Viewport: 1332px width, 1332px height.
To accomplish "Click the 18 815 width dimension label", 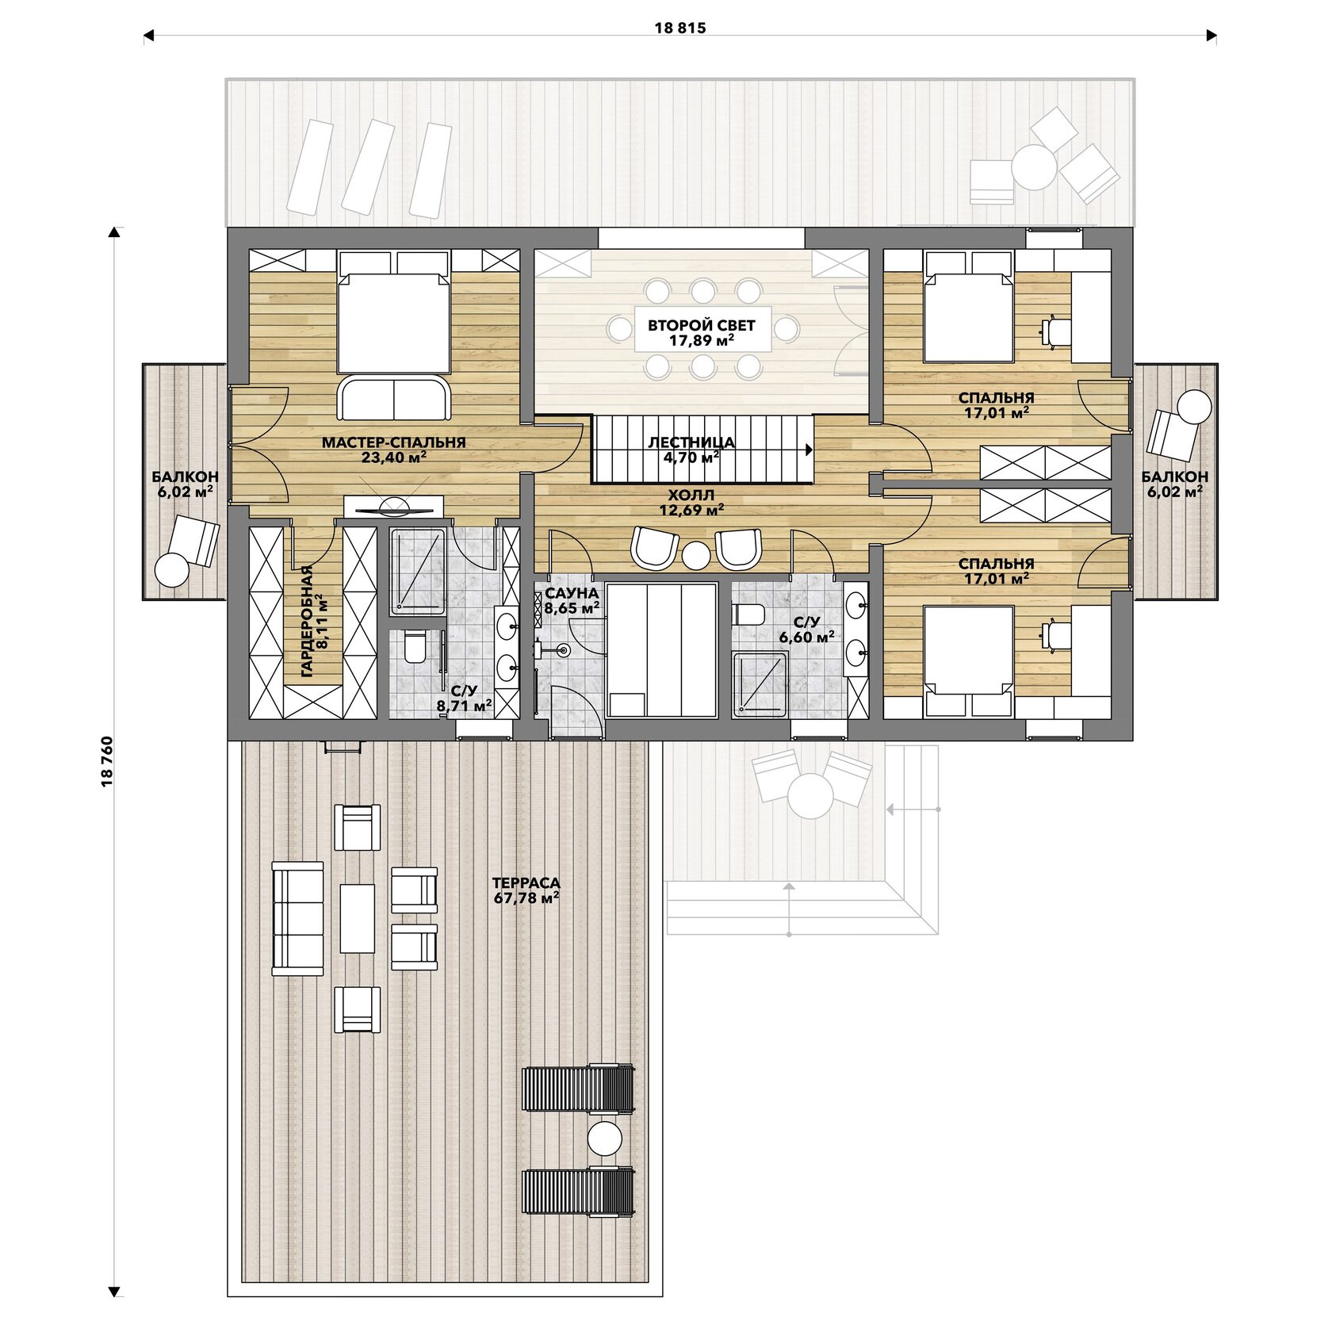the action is [680, 29].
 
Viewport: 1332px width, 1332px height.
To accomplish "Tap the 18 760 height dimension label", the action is [108, 762].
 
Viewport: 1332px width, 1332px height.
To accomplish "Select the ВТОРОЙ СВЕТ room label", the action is [702, 325].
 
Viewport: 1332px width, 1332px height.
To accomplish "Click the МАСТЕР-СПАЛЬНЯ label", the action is [393, 442].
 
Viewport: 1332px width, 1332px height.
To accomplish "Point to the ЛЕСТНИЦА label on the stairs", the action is [691, 442].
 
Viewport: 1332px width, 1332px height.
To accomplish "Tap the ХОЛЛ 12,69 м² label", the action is [691, 503].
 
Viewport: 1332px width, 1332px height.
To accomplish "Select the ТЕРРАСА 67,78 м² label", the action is [526, 890].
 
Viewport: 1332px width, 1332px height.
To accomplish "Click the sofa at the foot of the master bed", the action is [394, 398].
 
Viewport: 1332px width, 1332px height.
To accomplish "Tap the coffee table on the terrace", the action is [358, 918].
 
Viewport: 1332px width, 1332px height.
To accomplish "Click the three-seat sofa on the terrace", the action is [298, 918].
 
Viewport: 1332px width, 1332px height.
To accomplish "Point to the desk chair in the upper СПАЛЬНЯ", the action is [1054, 331].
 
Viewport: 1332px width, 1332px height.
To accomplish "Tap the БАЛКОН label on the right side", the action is [1175, 477].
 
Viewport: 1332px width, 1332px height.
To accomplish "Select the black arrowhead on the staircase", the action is [810, 450].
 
